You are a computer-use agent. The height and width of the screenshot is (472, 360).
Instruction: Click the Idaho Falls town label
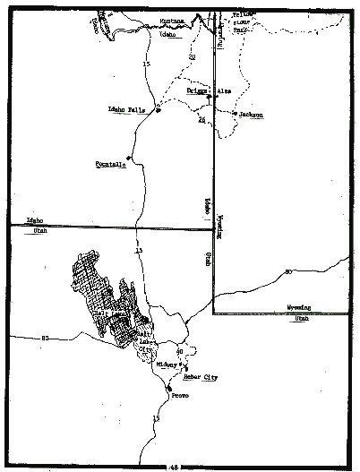point(125,109)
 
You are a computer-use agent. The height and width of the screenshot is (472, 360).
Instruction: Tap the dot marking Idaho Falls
point(157,110)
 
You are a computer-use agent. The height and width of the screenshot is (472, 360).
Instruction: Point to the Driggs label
point(197,90)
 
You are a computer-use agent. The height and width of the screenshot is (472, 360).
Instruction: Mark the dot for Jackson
point(234,114)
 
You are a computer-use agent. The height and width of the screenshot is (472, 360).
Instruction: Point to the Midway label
point(167,365)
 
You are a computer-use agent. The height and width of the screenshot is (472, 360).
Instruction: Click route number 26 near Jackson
point(201,120)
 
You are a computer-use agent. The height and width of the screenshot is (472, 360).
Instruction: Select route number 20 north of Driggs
point(191,59)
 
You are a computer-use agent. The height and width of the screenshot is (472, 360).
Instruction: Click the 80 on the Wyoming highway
point(288,271)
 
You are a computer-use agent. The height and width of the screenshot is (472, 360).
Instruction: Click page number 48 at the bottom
point(173,467)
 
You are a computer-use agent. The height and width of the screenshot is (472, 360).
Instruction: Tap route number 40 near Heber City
point(180,352)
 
